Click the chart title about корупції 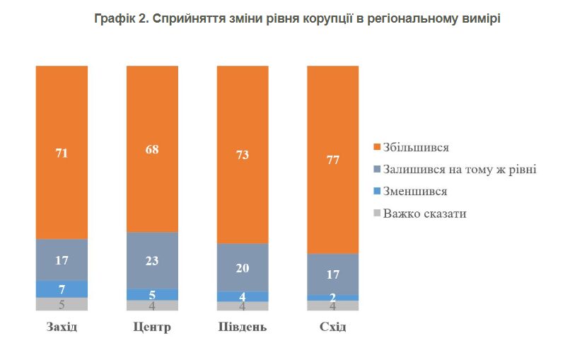tap(297, 19)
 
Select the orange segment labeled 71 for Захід tap(62, 152)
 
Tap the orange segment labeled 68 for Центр tap(152, 149)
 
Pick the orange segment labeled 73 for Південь tap(243, 154)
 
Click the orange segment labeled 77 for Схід tap(333, 159)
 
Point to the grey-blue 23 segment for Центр tap(152, 260)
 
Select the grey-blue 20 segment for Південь tap(243, 267)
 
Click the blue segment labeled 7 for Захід tap(62, 289)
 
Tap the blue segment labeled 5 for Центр tap(152, 294)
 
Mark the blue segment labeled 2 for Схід tap(333, 298)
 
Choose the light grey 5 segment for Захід tap(62, 304)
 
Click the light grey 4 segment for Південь tap(243, 306)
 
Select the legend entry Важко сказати tap(424, 213)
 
